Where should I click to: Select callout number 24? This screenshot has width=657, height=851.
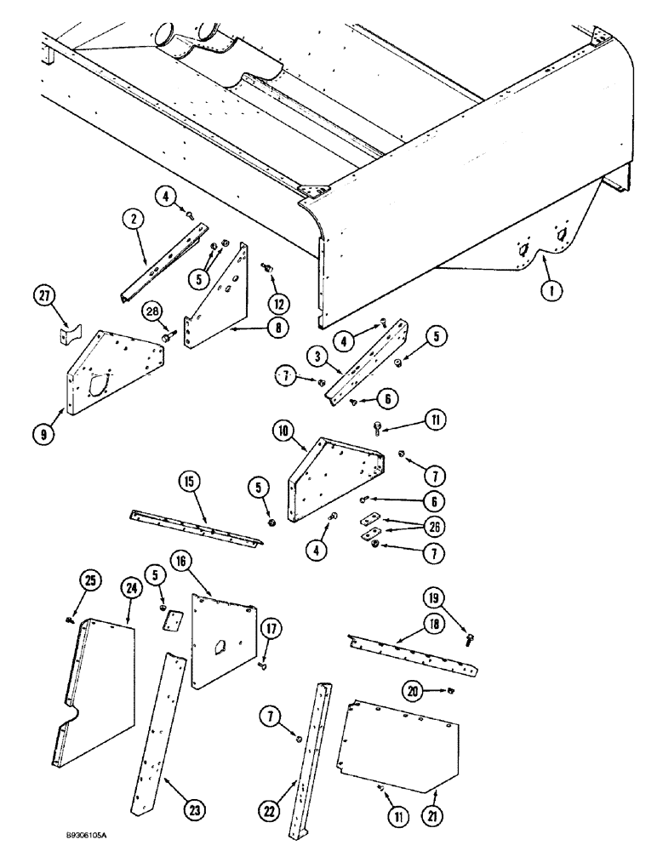click(x=130, y=587)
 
